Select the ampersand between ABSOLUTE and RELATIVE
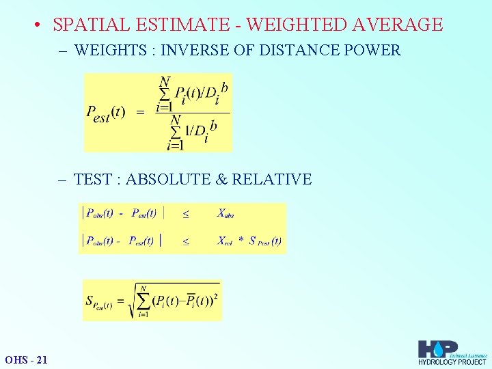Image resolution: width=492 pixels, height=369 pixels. (x=222, y=180)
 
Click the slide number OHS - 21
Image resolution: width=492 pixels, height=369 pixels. (x=26, y=359)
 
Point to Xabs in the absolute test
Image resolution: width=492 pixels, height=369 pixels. (x=225, y=214)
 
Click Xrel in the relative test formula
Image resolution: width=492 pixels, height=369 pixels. (x=225, y=241)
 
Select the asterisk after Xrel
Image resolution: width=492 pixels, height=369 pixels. (x=241, y=240)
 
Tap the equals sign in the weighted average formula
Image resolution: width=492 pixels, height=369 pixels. (x=141, y=113)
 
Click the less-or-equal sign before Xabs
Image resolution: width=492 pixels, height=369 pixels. (x=185, y=214)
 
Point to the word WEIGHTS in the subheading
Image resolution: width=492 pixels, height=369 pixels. (x=105, y=50)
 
